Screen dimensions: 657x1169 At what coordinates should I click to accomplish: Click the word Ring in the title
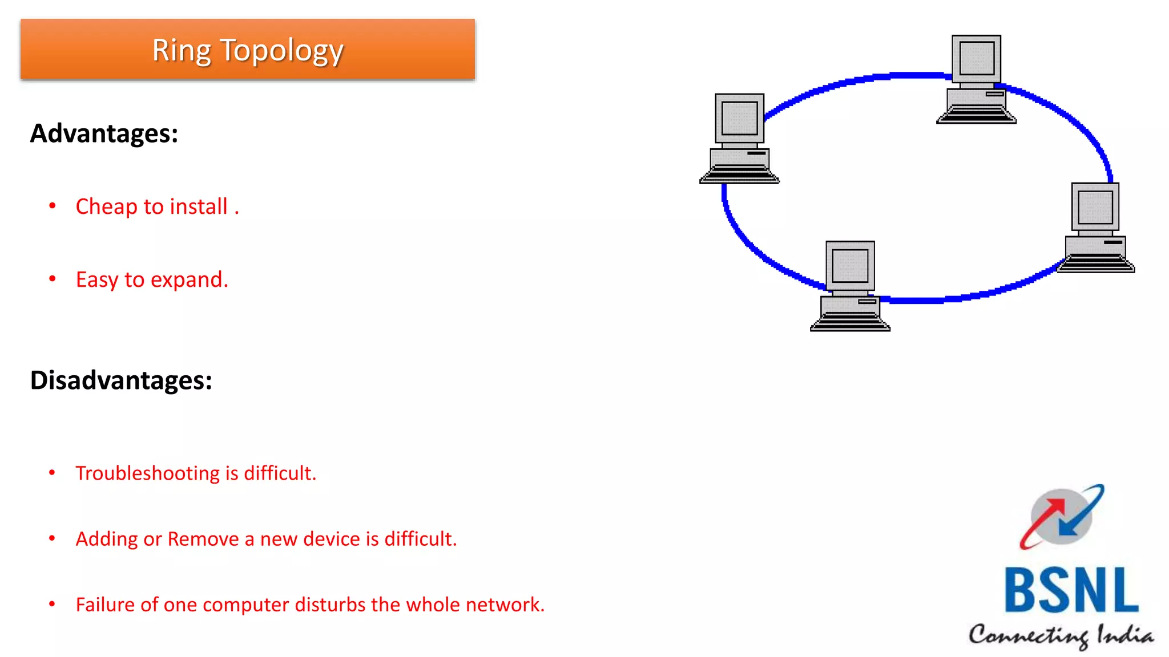[x=181, y=51]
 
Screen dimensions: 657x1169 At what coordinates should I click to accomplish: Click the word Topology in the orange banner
[x=281, y=51]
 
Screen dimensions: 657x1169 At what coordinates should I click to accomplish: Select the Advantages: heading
[x=104, y=133]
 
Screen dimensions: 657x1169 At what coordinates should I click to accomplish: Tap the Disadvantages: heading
[x=121, y=380]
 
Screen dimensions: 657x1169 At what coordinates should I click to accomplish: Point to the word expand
[x=189, y=280]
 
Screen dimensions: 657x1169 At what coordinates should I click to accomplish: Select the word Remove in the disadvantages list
[x=203, y=539]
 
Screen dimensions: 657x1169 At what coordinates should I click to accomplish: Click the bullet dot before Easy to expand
[x=53, y=279]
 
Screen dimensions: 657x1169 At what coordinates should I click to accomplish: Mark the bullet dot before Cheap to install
[x=53, y=205]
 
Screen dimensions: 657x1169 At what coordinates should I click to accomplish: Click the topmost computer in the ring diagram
[x=976, y=80]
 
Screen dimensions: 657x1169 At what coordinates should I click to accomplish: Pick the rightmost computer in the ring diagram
[x=1095, y=228]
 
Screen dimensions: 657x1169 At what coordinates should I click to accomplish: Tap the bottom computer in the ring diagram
[x=850, y=286]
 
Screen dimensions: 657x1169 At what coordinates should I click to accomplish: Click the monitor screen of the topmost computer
[x=977, y=58]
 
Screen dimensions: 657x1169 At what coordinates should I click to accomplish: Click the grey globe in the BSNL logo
[x=1062, y=516]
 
